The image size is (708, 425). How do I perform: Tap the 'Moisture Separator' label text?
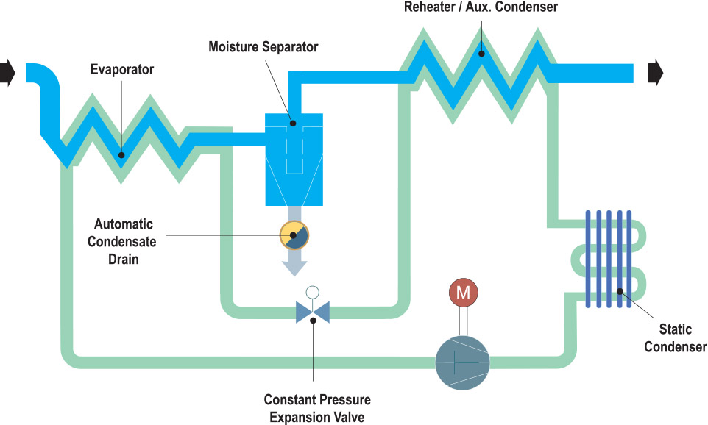click(x=263, y=47)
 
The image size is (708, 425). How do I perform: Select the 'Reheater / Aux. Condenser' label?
click(x=481, y=8)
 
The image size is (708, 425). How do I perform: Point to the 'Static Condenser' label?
click(x=675, y=338)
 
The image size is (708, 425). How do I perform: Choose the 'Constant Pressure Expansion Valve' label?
click(x=317, y=407)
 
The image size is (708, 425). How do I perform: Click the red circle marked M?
click(x=463, y=293)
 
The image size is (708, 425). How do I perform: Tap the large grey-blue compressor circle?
click(x=462, y=362)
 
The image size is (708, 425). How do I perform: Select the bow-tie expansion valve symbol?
click(x=313, y=312)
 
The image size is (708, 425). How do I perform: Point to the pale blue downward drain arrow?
click(x=294, y=263)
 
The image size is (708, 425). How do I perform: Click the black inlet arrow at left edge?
click(x=7, y=73)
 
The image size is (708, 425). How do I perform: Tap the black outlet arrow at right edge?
click(x=655, y=73)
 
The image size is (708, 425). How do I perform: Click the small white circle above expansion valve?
click(x=312, y=291)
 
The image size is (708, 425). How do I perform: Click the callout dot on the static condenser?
click(x=620, y=292)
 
